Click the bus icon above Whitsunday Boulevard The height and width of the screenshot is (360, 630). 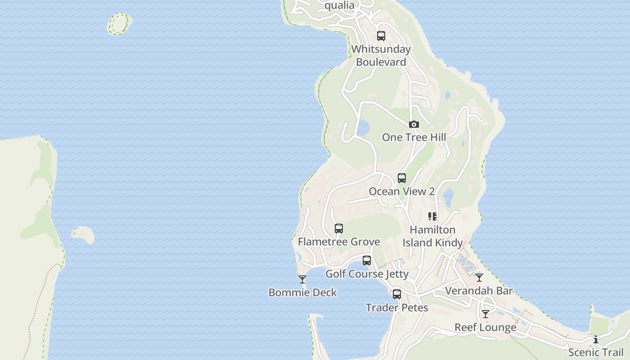(x=381, y=36)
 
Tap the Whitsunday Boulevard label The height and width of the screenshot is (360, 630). (x=381, y=55)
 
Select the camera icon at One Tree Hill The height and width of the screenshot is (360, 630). (x=414, y=124)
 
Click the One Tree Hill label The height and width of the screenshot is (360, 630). (x=414, y=137)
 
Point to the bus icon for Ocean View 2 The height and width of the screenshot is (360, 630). (x=402, y=178)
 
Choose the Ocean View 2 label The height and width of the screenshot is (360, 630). (x=402, y=191)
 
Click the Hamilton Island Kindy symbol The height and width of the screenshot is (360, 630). (x=432, y=216)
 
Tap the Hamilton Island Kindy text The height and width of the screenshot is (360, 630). (x=432, y=236)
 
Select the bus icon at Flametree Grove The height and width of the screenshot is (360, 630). (x=339, y=229)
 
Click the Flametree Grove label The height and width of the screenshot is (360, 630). (x=339, y=242)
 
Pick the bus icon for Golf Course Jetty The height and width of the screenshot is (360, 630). (x=367, y=261)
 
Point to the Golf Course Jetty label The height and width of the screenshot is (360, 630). (x=367, y=274)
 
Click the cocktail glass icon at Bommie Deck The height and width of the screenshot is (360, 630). (x=302, y=279)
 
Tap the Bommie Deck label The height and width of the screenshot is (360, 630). (x=302, y=292)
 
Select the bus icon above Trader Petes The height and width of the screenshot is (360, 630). (x=397, y=294)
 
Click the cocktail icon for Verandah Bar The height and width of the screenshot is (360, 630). (x=479, y=278)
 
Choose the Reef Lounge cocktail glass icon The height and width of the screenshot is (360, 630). (x=486, y=314)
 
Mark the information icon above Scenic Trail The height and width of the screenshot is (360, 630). (x=596, y=339)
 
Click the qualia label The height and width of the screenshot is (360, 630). (x=339, y=5)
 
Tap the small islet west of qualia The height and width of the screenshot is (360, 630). (x=119, y=23)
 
